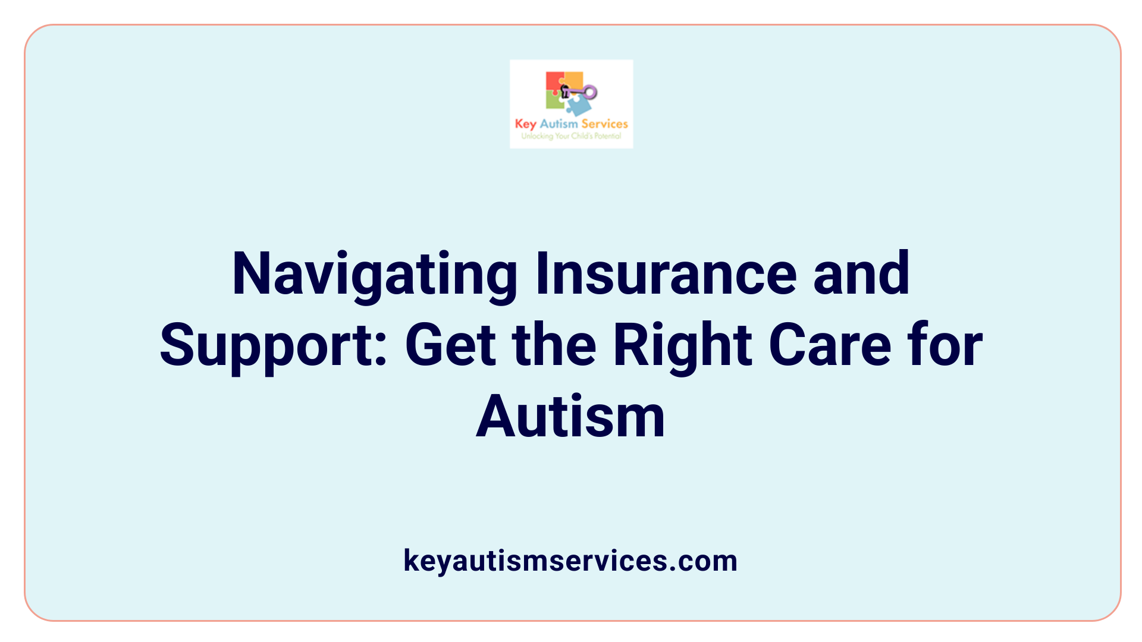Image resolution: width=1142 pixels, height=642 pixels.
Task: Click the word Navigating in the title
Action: pos(375,274)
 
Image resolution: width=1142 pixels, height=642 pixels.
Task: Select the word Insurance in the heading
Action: pos(666,274)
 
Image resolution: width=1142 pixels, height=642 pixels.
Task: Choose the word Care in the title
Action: pos(830,346)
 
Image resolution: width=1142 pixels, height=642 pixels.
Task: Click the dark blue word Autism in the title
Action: pos(570,417)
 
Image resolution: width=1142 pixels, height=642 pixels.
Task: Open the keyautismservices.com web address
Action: pos(570,561)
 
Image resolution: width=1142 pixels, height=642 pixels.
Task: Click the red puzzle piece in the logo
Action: pos(554,81)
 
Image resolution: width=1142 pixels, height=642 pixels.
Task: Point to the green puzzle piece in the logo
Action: pos(554,101)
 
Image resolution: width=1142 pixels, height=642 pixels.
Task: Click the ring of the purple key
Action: pos(590,92)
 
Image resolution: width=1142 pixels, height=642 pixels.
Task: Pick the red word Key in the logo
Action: pos(525,124)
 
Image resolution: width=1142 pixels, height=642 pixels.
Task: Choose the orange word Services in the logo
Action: pos(604,124)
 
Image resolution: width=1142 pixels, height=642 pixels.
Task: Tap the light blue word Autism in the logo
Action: pos(559,124)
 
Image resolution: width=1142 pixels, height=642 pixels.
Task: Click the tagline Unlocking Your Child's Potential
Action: pos(571,136)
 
